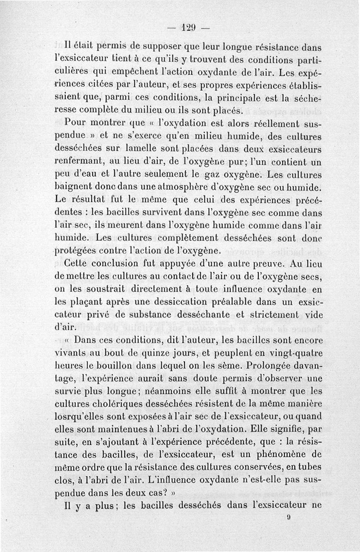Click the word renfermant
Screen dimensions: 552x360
tap(87, 160)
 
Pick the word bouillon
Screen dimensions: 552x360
tap(120, 365)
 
